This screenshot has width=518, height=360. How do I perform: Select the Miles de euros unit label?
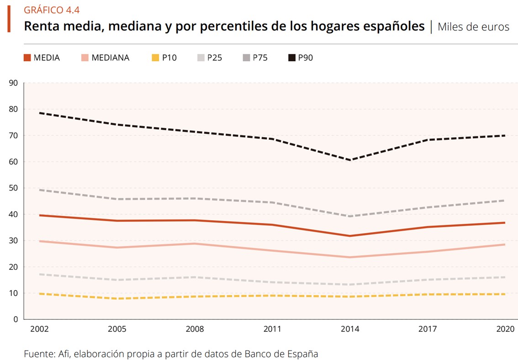click(x=473, y=27)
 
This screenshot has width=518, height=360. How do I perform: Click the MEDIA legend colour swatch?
click(x=27, y=58)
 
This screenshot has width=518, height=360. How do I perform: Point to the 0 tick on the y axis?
click(x=15, y=319)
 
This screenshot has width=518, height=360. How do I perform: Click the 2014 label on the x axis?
click(x=350, y=329)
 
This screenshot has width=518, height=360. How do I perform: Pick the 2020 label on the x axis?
click(x=505, y=329)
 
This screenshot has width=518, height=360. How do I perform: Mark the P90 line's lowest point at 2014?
click(x=350, y=160)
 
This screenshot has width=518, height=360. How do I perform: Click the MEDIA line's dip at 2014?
click(x=350, y=236)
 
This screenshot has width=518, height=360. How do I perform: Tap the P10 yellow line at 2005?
click(x=117, y=298)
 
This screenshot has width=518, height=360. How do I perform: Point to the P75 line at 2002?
click(x=40, y=190)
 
